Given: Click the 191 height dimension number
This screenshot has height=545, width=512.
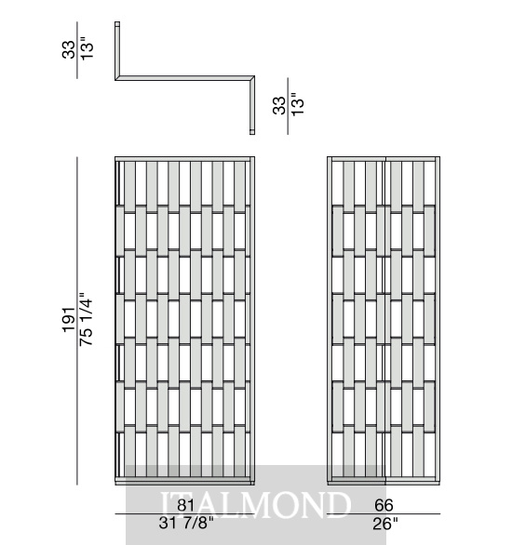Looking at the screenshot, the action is point(69,319).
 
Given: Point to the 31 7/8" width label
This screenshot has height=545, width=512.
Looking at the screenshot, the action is point(186,523).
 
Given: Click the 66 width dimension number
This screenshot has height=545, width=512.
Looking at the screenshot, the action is point(384,505).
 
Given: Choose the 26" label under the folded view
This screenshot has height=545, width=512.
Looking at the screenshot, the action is point(385,524).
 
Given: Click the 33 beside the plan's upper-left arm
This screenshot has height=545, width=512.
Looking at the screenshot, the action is point(69,49).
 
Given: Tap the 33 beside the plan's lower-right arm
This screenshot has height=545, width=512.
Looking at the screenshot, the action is point(279,105).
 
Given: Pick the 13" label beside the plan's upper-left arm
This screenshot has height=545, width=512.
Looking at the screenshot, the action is point(87,50).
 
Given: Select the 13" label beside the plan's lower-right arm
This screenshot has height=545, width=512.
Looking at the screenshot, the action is point(297,104).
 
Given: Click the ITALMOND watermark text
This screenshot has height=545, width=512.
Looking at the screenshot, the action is point(256,505).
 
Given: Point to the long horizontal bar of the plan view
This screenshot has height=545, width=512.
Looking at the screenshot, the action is point(185,78).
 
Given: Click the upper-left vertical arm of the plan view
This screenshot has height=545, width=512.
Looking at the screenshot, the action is point(117,51).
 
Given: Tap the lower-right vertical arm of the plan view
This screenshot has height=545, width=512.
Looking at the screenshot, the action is point(252,105).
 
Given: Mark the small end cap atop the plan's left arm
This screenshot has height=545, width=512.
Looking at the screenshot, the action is point(117,24).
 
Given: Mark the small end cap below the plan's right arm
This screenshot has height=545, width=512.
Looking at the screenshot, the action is point(252,132).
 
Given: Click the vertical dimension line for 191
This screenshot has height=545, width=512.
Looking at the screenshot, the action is point(77,321).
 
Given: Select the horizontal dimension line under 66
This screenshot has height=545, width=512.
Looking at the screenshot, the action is point(384,513).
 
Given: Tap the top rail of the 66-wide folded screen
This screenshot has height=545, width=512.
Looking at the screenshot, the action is point(384,159).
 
